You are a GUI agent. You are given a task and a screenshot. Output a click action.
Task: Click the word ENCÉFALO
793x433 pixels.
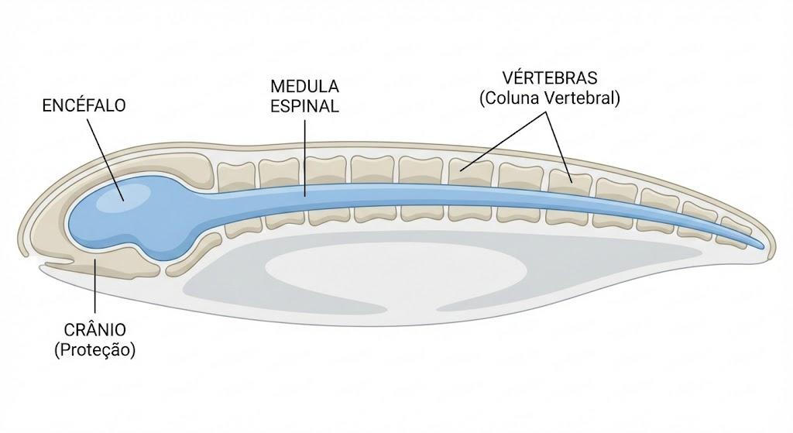[x=84, y=105]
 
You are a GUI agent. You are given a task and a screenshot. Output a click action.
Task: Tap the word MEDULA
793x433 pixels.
[x=304, y=87]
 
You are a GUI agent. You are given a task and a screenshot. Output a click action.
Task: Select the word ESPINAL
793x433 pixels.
[x=304, y=107]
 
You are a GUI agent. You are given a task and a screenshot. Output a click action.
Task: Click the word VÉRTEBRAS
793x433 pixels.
[x=550, y=78]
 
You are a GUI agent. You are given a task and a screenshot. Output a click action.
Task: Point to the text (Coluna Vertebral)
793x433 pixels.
[x=550, y=98]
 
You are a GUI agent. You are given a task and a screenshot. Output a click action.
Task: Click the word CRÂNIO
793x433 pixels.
[x=95, y=330]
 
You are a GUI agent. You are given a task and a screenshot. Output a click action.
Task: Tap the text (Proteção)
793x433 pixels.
[x=95, y=350]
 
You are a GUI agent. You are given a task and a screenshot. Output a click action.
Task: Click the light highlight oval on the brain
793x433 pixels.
[x=125, y=196]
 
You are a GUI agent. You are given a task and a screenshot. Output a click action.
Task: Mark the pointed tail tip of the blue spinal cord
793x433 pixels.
[x=764, y=247]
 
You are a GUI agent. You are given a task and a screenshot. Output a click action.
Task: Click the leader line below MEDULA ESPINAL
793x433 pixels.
[x=305, y=158]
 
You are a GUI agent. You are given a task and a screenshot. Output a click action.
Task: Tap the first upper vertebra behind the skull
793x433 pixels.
[x=235, y=177]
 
